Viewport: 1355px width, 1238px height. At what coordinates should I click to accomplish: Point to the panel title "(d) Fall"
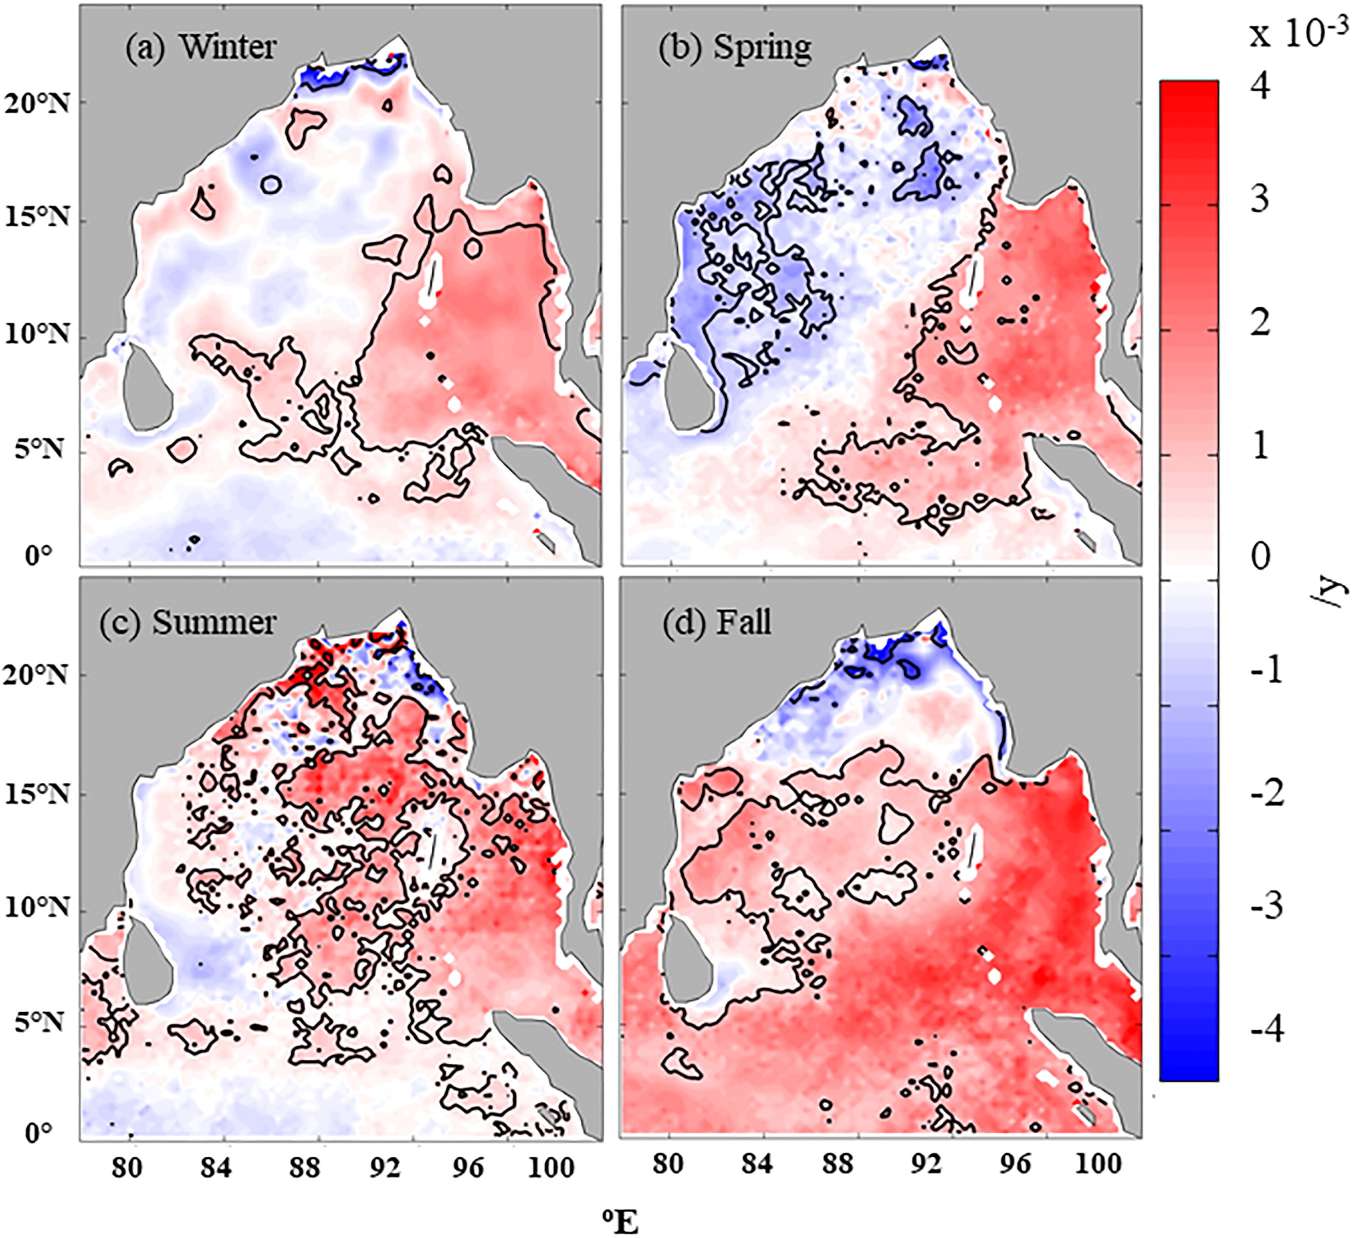click(x=716, y=621)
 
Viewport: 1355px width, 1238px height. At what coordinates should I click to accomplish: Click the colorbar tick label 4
click(x=1260, y=85)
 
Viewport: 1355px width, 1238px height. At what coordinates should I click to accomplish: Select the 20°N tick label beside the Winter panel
click(x=37, y=104)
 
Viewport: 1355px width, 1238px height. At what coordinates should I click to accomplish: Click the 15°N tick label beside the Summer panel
click(x=37, y=794)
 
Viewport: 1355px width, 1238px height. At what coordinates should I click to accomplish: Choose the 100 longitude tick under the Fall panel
click(x=1098, y=1163)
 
